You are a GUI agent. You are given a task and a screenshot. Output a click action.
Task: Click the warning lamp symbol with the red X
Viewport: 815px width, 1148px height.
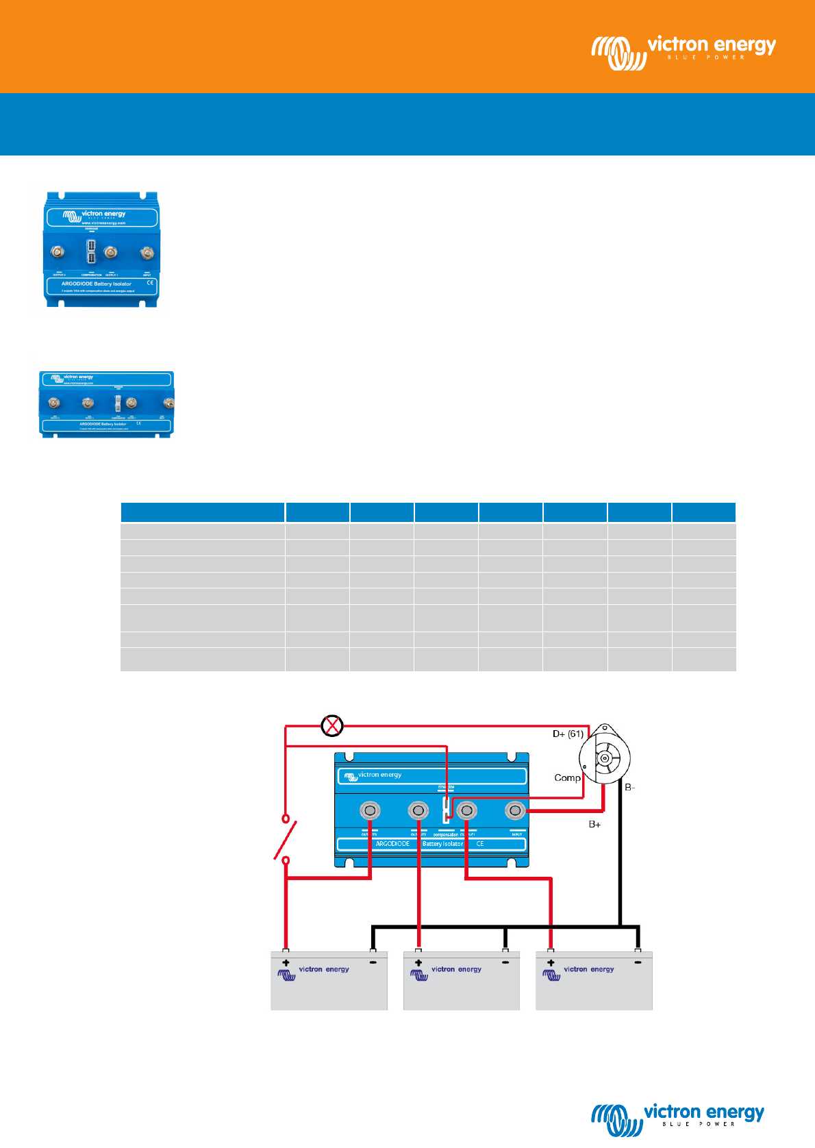332,725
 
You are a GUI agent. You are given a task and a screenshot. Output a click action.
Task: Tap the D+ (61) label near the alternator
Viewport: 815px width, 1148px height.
568,734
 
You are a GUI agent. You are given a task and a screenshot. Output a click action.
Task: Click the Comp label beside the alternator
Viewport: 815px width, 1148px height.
567,777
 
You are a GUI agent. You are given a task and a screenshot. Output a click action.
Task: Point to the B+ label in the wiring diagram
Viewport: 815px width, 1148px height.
594,824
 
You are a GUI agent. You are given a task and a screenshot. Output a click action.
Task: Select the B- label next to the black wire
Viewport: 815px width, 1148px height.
630,788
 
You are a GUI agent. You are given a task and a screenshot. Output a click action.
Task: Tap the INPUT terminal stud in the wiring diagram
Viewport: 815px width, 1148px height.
515,811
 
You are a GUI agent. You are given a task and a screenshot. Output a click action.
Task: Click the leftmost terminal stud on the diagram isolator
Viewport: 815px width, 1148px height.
370,811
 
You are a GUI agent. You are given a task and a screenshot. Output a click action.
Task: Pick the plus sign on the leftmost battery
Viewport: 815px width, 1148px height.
286,963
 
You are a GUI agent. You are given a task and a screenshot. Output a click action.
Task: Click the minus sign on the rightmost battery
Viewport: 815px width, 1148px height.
638,962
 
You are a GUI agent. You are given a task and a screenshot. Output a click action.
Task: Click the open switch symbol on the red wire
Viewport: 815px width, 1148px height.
286,839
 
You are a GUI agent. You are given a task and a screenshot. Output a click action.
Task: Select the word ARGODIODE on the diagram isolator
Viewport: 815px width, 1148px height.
392,844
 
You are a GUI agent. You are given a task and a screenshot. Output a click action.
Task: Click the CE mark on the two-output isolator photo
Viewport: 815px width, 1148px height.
150,282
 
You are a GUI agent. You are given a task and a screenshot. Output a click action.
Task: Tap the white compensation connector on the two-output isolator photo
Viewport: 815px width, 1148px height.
91,252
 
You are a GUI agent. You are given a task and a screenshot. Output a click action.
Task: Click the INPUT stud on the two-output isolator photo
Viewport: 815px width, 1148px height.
147,253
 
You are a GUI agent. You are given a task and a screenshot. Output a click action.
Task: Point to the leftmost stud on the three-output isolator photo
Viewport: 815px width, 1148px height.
54,403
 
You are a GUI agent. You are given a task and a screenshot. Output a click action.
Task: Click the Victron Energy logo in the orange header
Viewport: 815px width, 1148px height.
684,51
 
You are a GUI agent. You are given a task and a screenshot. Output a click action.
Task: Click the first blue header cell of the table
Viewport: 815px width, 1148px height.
203,512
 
